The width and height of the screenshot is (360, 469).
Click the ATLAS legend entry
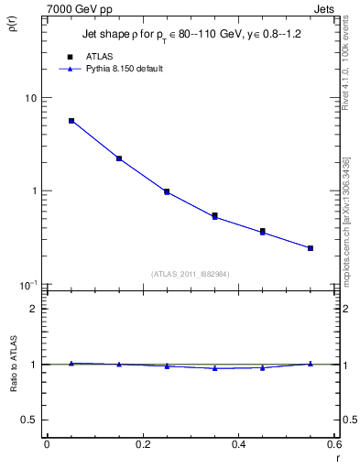tap(100, 55)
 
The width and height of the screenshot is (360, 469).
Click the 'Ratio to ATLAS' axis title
tap(13, 390)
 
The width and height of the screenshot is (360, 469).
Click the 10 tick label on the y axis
tap(31, 98)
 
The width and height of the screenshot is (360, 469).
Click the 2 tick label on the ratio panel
tap(34, 309)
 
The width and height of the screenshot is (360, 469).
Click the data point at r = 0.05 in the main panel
tap(71, 121)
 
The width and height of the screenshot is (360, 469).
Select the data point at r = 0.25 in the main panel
tap(167, 191)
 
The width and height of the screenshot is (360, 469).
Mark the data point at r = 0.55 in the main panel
tap(311, 248)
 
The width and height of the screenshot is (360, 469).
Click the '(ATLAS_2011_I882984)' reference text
tap(191, 273)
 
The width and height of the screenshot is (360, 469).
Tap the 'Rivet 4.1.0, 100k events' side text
tap(345, 62)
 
